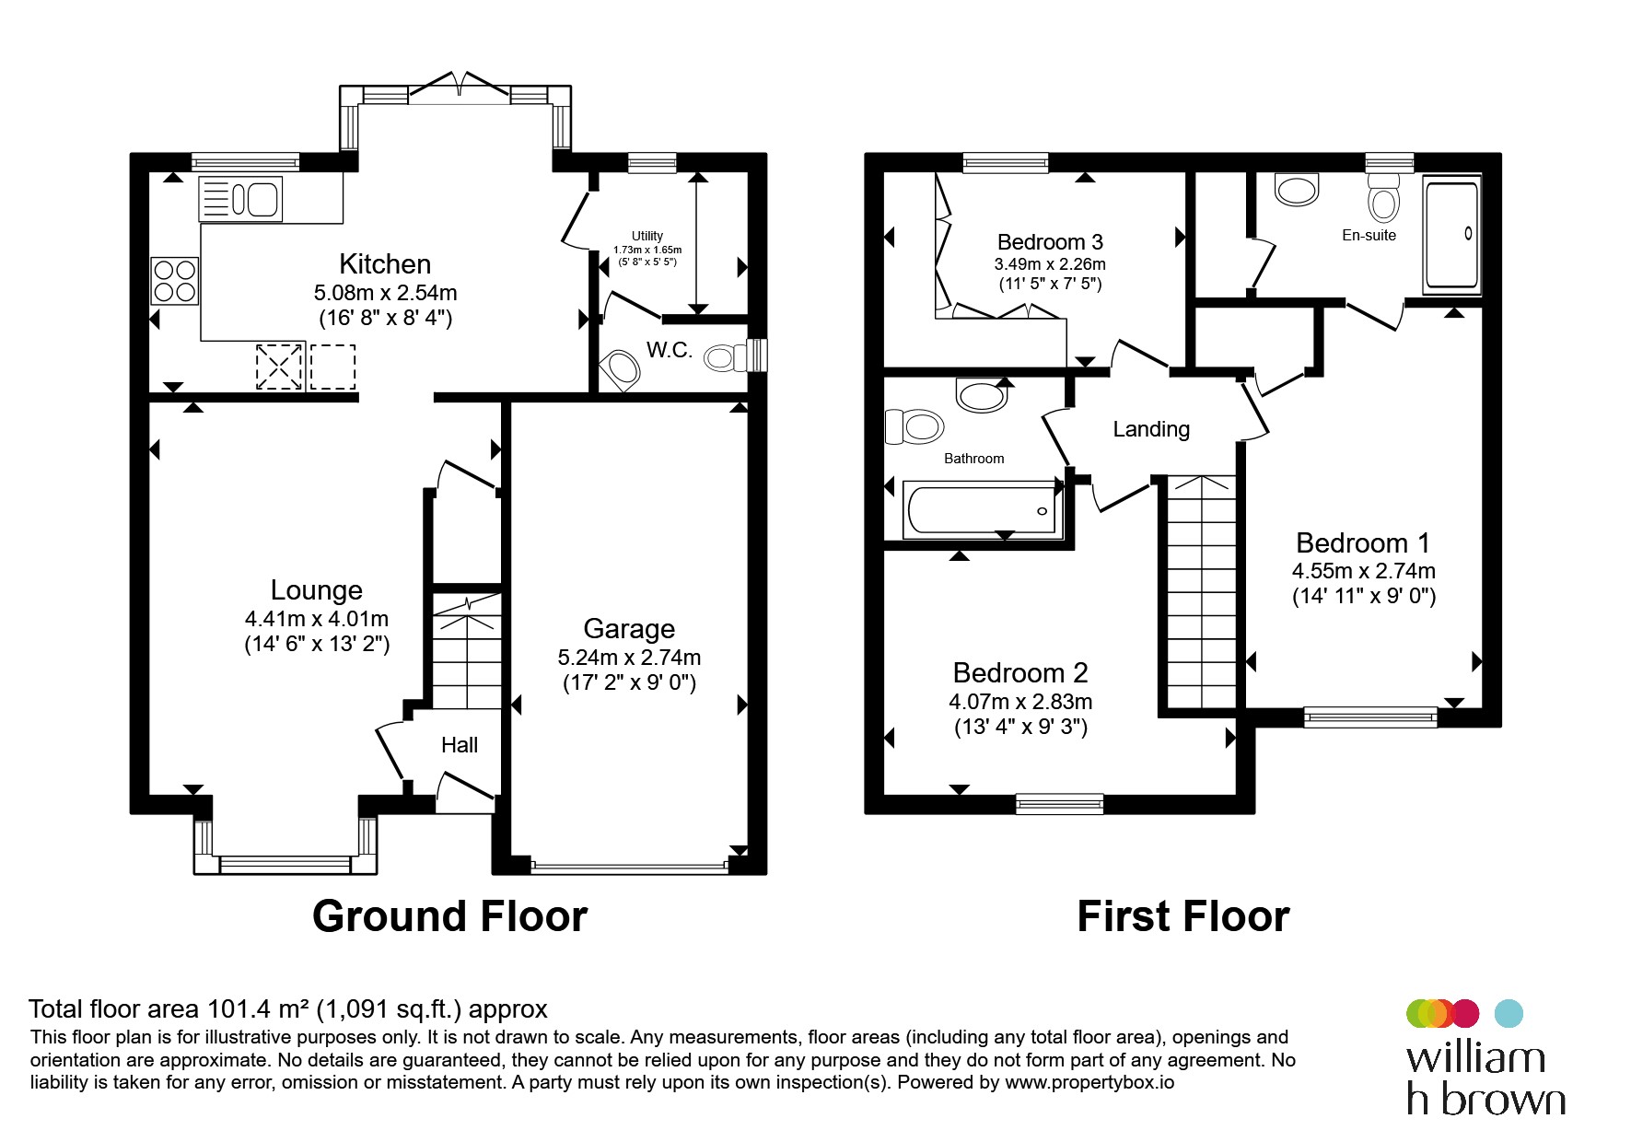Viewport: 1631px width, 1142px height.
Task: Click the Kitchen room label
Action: (385, 264)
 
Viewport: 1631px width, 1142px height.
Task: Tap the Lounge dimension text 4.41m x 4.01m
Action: (317, 619)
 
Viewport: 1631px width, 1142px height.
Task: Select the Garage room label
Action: (629, 629)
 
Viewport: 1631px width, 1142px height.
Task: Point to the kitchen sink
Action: (241, 199)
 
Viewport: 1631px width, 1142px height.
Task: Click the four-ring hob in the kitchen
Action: (175, 281)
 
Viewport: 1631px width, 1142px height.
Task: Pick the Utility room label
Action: (647, 237)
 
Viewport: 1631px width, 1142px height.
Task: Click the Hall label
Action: (460, 745)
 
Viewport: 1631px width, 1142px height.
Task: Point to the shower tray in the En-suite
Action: (1452, 235)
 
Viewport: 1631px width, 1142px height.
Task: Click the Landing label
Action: (1151, 429)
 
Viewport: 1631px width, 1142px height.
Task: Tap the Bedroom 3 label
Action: (1050, 242)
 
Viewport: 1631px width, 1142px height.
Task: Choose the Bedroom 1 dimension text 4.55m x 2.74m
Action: (1364, 571)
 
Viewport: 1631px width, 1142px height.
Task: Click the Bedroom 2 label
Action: (1020, 673)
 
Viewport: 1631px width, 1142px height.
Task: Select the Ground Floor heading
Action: (449, 916)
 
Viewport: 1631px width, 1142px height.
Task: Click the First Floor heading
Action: (1183, 916)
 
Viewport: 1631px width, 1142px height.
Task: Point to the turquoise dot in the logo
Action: (1508, 1013)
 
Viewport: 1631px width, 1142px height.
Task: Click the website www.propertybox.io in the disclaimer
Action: (1089, 1083)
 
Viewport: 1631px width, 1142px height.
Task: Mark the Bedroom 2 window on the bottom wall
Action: (1059, 804)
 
